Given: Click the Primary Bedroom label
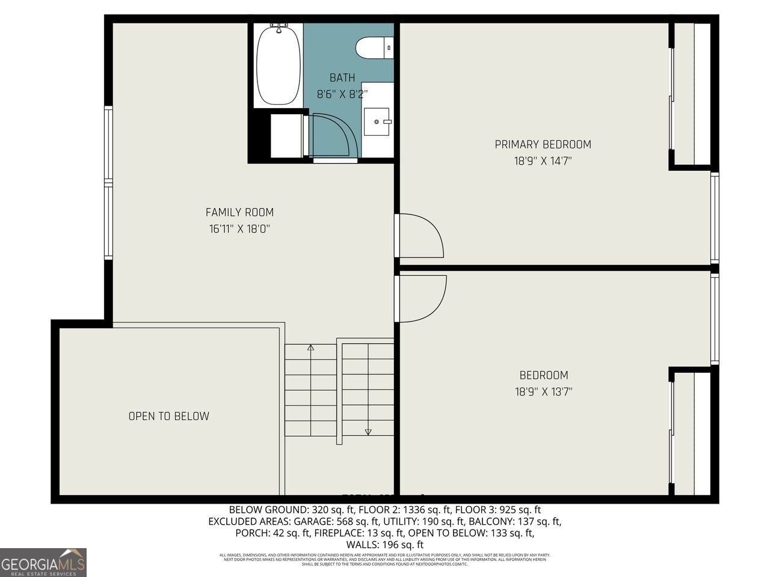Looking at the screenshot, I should (543, 144).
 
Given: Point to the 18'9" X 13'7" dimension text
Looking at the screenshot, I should (543, 392).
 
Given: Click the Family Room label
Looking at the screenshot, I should (239, 212).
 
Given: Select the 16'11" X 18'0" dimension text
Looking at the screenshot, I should (239, 229).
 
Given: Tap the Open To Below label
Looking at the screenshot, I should (169, 416).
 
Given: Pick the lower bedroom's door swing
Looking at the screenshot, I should (423, 298).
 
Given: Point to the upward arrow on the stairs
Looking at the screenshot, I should (310, 347).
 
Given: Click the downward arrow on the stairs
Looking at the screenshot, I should (368, 431).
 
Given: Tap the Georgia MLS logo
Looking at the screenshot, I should (43, 563).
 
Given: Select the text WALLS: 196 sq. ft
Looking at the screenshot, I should (385, 545).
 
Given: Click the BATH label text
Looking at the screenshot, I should (342, 78).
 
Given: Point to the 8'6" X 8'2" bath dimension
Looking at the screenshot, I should (342, 94).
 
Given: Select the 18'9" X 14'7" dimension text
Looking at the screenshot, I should (543, 161).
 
